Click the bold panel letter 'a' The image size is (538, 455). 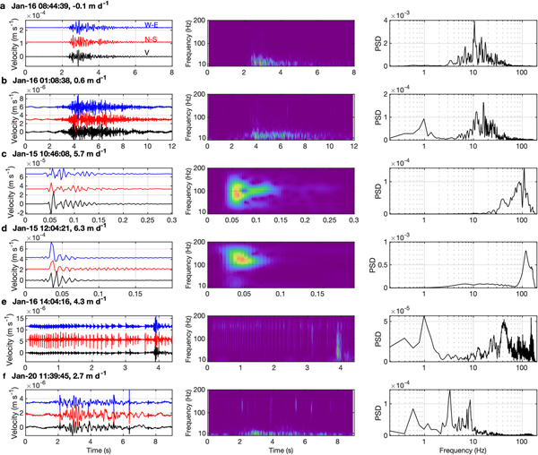pos(4,4)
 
